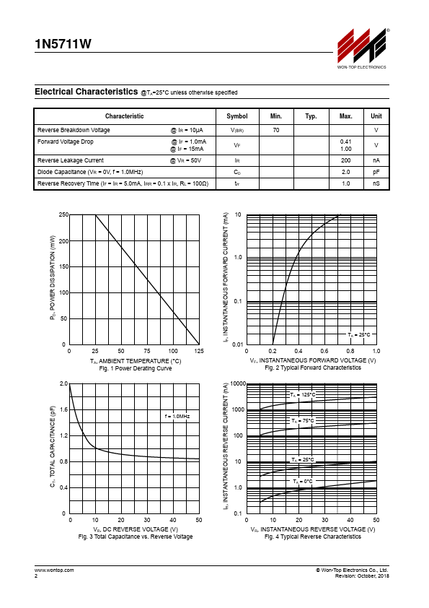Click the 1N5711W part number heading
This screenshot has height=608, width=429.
(63, 44)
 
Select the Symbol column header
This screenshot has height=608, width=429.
(237, 116)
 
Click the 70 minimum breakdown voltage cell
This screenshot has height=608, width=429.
(276, 130)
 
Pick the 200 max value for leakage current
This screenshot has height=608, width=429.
(346, 160)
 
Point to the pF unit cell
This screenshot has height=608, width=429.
(376, 172)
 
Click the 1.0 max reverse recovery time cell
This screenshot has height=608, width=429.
(346, 183)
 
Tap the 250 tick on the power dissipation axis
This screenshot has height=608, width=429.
(63, 214)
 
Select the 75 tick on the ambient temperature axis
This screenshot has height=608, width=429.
(147, 351)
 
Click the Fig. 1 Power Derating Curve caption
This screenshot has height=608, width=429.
(136, 368)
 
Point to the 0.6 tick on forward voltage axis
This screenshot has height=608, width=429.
(324, 351)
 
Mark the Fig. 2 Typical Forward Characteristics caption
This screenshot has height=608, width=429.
(313, 368)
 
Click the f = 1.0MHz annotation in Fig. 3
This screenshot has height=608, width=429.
(177, 416)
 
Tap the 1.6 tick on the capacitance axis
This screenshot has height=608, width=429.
(64, 409)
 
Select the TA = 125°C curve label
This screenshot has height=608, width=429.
(303, 395)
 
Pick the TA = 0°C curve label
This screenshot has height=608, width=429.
(303, 482)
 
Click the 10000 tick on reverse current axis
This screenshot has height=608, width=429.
(238, 383)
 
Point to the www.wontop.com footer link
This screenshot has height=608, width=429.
(54, 570)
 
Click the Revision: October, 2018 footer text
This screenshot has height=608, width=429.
(362, 576)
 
